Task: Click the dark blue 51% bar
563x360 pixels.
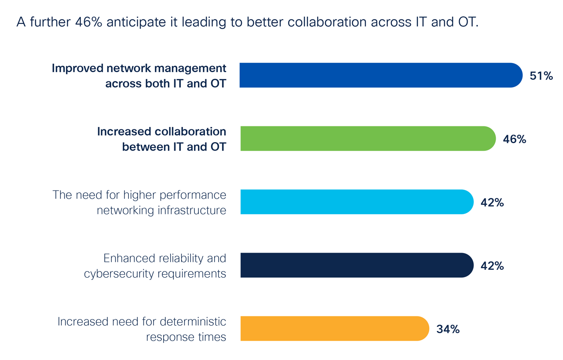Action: [380, 75]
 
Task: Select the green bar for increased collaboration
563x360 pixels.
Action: [367, 139]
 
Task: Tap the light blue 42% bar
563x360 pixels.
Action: [356, 202]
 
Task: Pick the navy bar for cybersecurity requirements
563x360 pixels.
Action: [356, 265]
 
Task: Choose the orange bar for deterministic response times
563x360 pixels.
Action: [334, 329]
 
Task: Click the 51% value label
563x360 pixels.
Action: [541, 76]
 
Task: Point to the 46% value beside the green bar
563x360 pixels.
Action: [515, 139]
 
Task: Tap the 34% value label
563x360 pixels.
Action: [448, 329]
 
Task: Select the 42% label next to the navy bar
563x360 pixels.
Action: [492, 266]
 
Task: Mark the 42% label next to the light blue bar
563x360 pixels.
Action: [492, 202]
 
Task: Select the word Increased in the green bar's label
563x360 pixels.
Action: [124, 132]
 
